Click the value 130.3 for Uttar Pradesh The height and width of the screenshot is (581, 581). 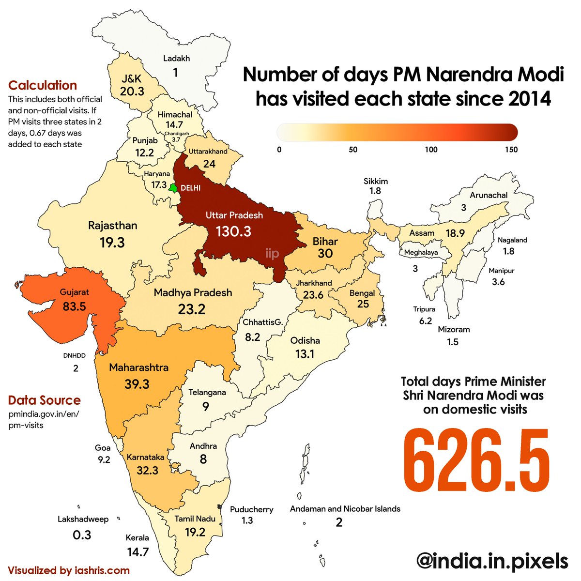click(233, 231)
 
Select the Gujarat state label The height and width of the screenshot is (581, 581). click(75, 292)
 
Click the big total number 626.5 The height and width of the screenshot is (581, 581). click(477, 460)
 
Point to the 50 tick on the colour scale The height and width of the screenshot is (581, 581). click(353, 150)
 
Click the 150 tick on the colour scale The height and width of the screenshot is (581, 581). click(510, 150)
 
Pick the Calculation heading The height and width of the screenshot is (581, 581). click(43, 85)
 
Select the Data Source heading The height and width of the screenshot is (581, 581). click(44, 400)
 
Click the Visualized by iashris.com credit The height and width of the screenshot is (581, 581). click(69, 570)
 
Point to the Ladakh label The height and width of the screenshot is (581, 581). click(176, 59)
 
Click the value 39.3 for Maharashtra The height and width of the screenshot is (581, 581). click(137, 384)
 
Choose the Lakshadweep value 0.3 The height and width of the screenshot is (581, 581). click(81, 535)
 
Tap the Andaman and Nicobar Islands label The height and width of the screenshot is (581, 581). click(345, 509)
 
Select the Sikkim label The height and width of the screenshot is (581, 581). click(376, 181)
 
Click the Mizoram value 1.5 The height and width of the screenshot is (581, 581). click(453, 342)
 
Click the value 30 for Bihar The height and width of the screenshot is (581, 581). click(325, 253)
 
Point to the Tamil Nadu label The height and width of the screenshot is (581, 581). click(195, 519)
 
